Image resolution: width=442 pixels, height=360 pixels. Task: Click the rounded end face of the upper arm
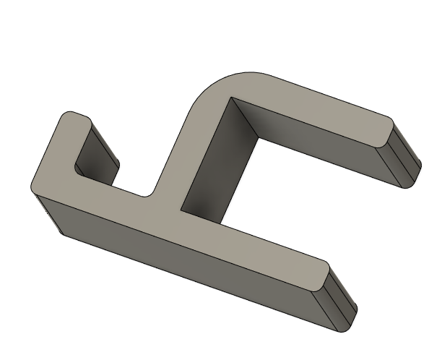point(404,155)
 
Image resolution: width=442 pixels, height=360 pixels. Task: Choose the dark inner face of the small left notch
point(97,155)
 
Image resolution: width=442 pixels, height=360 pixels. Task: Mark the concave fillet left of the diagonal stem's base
point(149,194)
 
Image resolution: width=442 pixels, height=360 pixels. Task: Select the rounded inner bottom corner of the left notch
point(81,173)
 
